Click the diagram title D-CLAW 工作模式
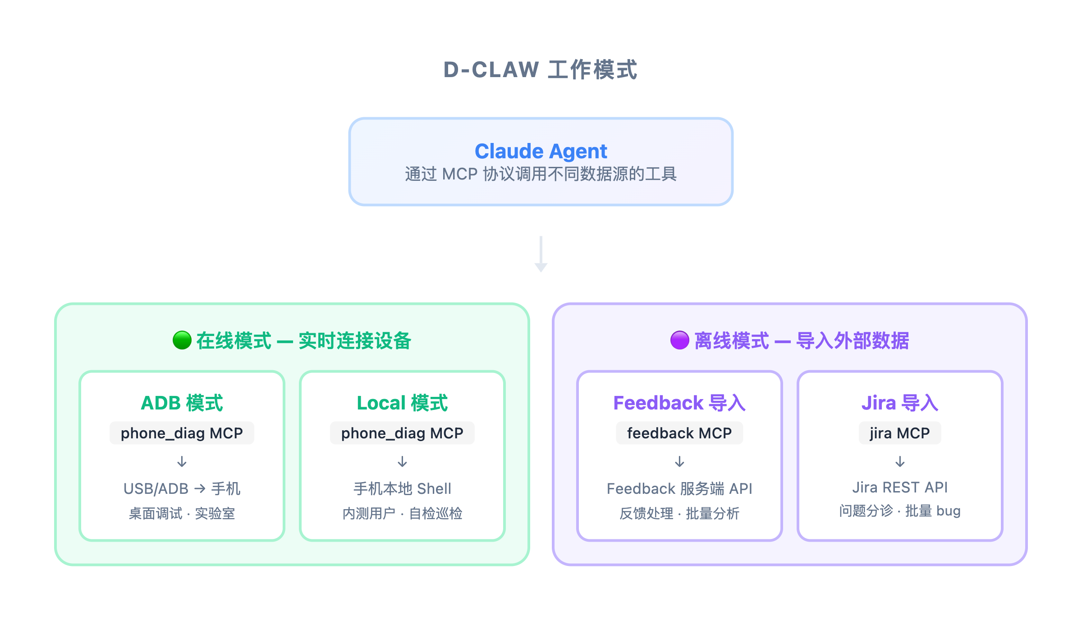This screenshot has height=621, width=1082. pos(541,70)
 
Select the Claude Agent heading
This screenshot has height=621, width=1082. pos(541,151)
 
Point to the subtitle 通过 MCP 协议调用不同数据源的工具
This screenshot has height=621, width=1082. pos(541,174)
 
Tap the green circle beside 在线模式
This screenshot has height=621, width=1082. pos(182,340)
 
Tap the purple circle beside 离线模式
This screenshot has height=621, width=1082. pos(679,340)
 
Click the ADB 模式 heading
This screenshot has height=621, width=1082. pos(182,403)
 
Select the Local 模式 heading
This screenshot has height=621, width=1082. pos(402,403)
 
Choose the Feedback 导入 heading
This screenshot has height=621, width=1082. pos(679,403)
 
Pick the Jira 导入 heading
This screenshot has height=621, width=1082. pos(900,403)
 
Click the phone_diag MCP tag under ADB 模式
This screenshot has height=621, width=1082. pos(182,433)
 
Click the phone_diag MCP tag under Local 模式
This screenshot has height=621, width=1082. pos(402,433)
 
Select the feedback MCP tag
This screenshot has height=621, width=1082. pos(679,433)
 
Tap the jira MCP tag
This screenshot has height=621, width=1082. pos(900,433)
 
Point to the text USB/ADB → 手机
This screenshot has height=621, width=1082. pos(182,488)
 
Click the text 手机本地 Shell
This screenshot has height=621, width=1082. pos(402,488)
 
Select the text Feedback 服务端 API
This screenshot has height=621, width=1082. pos(679,488)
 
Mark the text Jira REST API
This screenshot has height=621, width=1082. pos(900,487)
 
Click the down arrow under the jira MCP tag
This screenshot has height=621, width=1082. pos(900,461)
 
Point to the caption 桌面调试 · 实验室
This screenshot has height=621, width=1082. pos(182,513)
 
